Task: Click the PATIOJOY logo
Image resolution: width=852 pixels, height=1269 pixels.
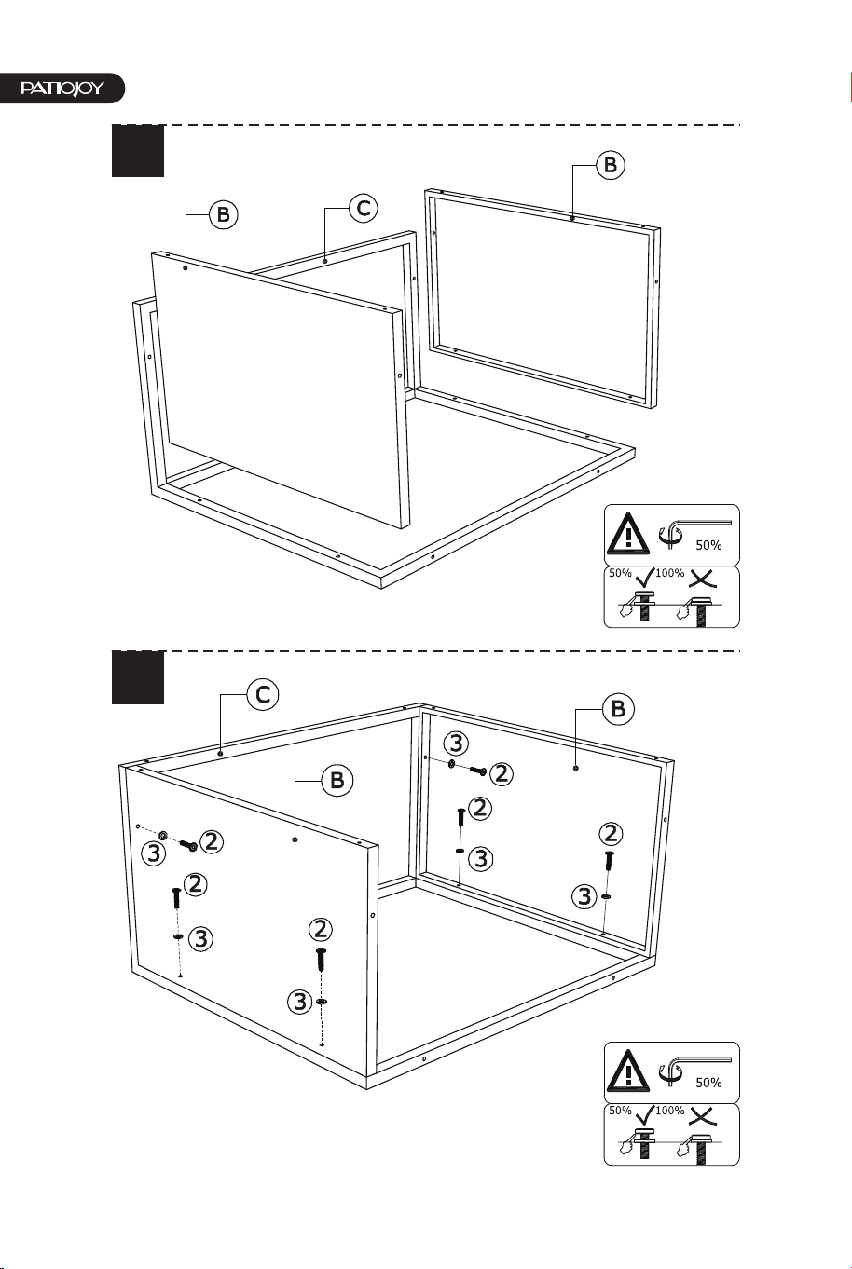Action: [x=62, y=89]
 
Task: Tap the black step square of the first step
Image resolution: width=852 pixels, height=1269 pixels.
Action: [x=138, y=151]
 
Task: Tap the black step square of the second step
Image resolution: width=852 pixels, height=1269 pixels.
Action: [x=138, y=677]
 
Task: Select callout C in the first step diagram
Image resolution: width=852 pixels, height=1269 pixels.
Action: [x=363, y=208]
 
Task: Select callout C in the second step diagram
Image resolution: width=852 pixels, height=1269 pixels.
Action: [x=263, y=694]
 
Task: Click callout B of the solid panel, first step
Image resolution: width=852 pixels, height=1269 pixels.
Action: [x=224, y=214]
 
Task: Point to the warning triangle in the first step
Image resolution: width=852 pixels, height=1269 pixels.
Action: [x=628, y=533]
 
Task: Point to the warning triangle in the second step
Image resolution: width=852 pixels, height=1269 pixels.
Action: [x=628, y=1071]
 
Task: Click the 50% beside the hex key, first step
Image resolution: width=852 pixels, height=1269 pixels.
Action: [x=708, y=546]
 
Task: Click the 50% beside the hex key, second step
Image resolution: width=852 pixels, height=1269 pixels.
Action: [x=708, y=1084]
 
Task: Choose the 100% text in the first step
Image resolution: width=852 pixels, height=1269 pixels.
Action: [x=670, y=573]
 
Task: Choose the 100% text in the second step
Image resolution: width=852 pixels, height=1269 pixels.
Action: [x=670, y=1111]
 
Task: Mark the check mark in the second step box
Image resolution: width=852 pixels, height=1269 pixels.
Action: [x=645, y=1114]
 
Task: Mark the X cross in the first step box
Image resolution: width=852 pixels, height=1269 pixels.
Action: [x=703, y=578]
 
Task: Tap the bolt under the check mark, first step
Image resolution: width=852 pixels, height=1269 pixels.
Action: [x=644, y=605]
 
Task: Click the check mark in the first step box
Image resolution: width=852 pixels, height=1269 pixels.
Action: [x=645, y=577]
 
